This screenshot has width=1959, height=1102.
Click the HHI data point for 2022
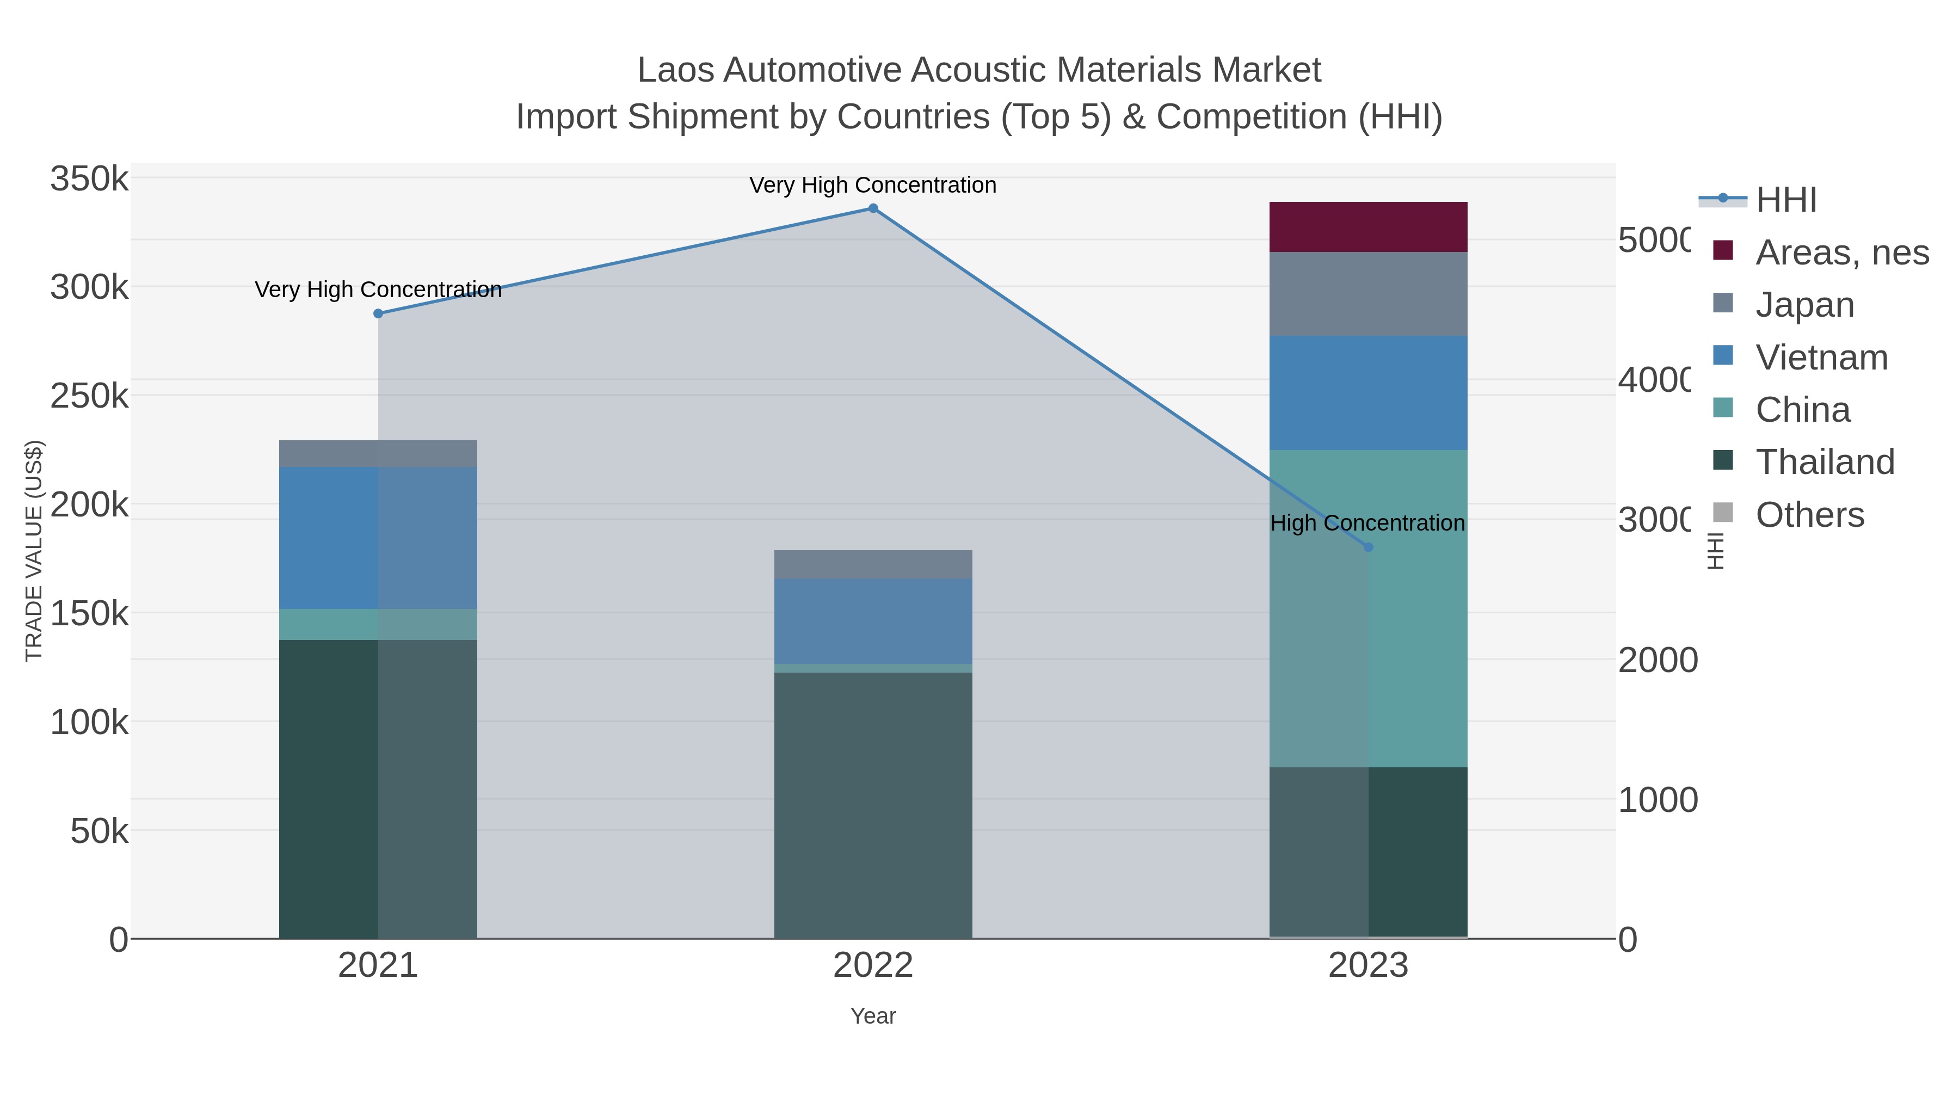coord(873,208)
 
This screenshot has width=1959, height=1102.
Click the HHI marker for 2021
coord(378,313)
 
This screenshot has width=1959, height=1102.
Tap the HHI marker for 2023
coord(1368,547)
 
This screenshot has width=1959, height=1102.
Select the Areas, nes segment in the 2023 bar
coord(1368,226)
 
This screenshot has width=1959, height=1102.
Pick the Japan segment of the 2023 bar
coord(1368,293)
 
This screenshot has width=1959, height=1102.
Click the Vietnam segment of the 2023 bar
coord(1368,392)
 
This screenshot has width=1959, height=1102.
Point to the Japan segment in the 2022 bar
coord(873,564)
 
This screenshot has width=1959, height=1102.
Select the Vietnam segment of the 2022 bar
coord(873,620)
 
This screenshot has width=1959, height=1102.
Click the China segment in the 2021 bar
coord(378,624)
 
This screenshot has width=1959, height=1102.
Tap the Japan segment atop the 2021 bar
coord(378,453)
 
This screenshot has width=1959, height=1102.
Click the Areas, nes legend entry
coord(1841,253)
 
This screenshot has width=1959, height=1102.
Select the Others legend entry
coord(1809,515)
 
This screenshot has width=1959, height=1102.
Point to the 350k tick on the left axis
coord(89,180)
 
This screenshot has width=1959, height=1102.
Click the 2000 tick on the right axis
coord(1657,660)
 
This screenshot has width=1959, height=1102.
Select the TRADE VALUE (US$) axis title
coord(34,551)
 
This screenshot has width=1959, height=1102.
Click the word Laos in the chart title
coord(675,70)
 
